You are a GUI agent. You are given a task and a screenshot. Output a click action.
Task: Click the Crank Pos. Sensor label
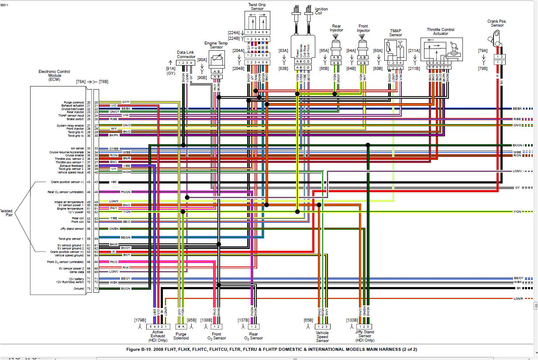coord(497,23)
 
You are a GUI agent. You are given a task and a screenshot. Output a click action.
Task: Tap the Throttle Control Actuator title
coord(440,31)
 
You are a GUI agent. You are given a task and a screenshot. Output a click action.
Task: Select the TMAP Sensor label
coord(395,33)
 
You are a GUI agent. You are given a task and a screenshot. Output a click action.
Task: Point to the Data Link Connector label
coord(186,54)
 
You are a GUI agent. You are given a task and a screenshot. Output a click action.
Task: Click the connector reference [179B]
coord(140,320)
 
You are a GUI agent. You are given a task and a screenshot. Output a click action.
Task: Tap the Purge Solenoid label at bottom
coord(181,336)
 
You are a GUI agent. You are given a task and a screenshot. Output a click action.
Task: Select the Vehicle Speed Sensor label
coord(322,336)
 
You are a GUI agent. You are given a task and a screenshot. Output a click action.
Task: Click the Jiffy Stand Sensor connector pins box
coord(365,326)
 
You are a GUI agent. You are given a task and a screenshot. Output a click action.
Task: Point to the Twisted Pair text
coord(6,213)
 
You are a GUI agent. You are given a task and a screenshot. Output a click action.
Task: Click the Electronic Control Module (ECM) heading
coord(54,76)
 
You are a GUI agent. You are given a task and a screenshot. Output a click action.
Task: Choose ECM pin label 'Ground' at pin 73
coord(79,289)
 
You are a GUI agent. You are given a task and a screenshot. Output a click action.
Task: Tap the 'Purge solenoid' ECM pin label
coord(73,102)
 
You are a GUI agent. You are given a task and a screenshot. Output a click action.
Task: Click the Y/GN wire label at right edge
coord(517,212)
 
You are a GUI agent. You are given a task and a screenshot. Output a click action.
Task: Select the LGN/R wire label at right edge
coord(518,299)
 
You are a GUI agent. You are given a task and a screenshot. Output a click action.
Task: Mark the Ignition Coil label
coord(321,11)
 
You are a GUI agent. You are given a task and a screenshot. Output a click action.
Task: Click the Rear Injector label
coord(336,28)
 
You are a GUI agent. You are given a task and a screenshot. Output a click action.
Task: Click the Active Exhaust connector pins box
coord(157,326)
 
